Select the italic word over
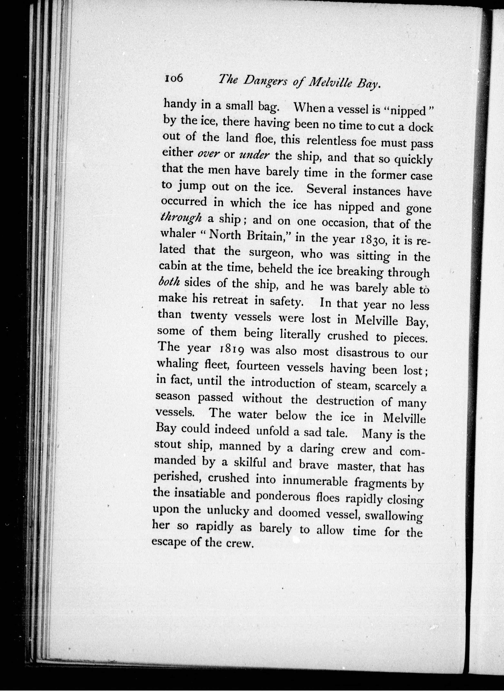point(209,154)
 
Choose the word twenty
point(209,316)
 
